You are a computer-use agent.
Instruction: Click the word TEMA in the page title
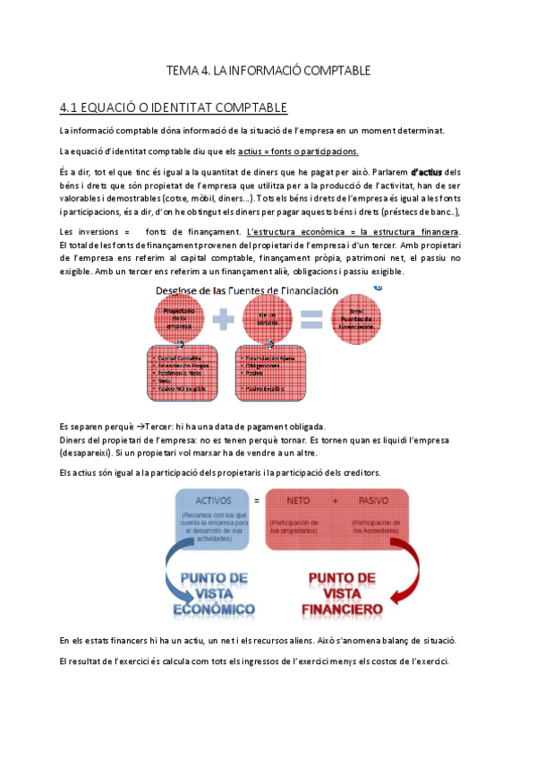point(182,70)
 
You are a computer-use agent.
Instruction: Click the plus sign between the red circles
point(226,318)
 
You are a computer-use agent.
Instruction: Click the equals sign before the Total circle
point(310,318)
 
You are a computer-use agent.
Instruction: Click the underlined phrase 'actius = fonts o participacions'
point(299,151)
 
